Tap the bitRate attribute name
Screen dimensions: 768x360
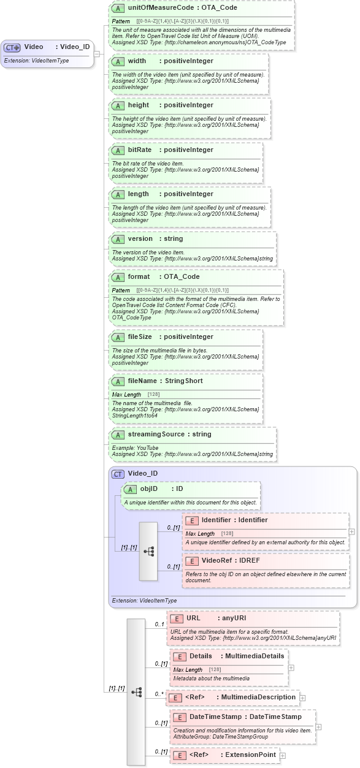(139, 150)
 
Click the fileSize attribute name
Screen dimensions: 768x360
(140, 336)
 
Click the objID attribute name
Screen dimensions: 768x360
(149, 489)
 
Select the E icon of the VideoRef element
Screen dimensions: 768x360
(191, 560)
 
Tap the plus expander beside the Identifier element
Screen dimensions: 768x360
(351, 532)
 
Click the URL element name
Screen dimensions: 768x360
(194, 618)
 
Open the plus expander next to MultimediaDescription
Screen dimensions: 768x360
(302, 698)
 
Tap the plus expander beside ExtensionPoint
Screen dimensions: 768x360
(282, 755)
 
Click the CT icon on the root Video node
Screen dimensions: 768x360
(12, 47)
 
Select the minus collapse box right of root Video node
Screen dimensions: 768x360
(96, 53)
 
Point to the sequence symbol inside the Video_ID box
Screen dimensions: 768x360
(148, 551)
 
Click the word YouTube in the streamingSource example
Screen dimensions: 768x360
(148, 448)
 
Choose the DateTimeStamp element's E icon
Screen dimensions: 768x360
(179, 717)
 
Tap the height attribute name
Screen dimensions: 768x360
(139, 105)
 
